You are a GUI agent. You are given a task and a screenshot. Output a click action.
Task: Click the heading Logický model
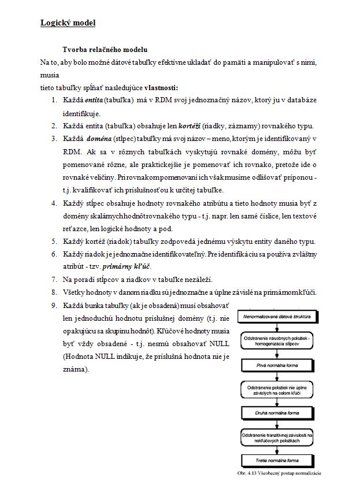point(68,24)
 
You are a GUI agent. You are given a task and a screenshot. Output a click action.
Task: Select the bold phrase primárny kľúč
point(131,266)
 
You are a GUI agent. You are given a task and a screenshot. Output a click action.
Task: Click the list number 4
point(53,203)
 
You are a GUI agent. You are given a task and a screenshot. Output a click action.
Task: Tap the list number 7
point(53,279)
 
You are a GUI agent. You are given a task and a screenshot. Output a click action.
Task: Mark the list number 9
point(53,305)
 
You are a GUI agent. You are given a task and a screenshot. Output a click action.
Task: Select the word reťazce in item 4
point(76,228)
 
